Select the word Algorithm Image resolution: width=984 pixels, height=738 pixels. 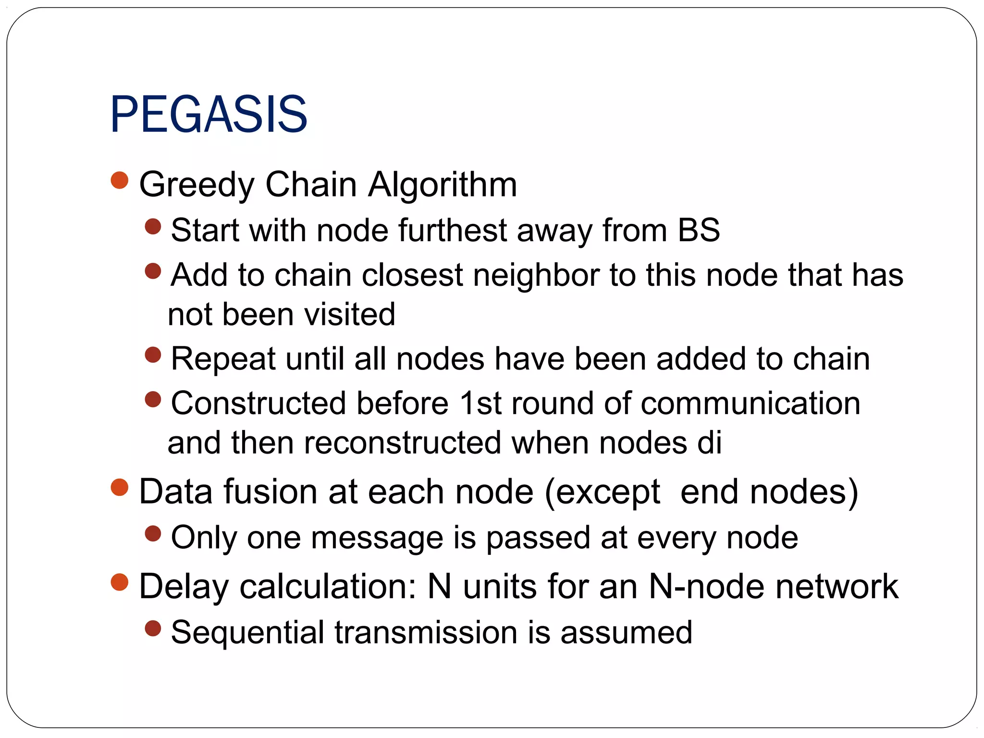click(443, 184)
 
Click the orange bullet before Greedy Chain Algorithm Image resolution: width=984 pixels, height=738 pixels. click(120, 181)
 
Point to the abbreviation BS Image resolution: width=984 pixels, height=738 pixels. click(699, 230)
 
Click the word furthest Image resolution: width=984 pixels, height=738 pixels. click(452, 230)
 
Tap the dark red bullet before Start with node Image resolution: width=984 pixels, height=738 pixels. click(153, 226)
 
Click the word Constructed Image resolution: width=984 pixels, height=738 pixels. click(258, 403)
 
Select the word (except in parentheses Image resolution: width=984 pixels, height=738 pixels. click(603, 493)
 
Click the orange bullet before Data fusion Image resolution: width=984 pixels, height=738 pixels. click(120, 488)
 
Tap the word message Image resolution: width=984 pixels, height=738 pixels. click(377, 538)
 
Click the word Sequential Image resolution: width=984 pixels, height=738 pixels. click(247, 632)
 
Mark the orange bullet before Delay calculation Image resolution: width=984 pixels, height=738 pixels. click(120, 582)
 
